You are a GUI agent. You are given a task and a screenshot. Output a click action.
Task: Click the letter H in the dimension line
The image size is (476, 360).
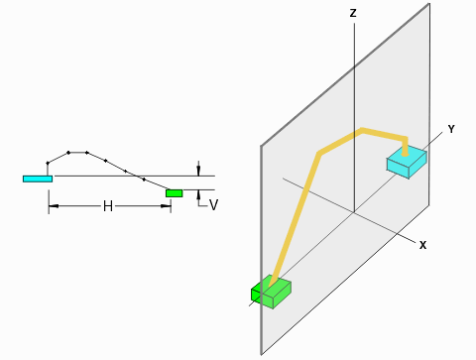pyautogui.click(x=108, y=206)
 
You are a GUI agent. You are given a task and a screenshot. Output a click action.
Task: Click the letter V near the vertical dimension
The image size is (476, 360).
pyautogui.click(x=213, y=205)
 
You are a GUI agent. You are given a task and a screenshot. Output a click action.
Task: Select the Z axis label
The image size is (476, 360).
pyautogui.click(x=352, y=14)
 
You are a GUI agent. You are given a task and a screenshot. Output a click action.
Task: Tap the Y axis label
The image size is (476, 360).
pyautogui.click(x=451, y=130)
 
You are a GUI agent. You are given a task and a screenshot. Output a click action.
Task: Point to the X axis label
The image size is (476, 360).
pyautogui.click(x=421, y=244)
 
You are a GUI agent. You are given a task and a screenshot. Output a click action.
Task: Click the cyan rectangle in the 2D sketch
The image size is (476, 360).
pyautogui.click(x=37, y=179)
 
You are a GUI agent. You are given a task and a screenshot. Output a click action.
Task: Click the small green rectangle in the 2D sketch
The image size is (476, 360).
pyautogui.click(x=175, y=192)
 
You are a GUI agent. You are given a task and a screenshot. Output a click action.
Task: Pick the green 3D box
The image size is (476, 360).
pyautogui.click(x=271, y=293)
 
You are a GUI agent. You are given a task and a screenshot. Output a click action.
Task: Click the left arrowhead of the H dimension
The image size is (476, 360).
pyautogui.click(x=52, y=206)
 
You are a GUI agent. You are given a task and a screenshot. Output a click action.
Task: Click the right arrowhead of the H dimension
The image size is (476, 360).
pyautogui.click(x=169, y=206)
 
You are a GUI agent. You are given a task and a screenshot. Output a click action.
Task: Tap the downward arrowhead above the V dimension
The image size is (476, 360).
pyautogui.click(x=199, y=172)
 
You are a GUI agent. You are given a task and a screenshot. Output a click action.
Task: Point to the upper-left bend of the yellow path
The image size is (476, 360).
pyautogui.click(x=319, y=153)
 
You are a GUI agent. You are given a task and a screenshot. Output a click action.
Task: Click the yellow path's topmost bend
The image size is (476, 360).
pyautogui.click(x=364, y=129)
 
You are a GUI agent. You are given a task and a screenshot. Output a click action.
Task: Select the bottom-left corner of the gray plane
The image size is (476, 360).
pyautogui.click(x=261, y=354)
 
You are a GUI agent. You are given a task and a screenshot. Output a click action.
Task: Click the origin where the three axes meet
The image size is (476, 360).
pyautogui.click(x=354, y=211)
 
